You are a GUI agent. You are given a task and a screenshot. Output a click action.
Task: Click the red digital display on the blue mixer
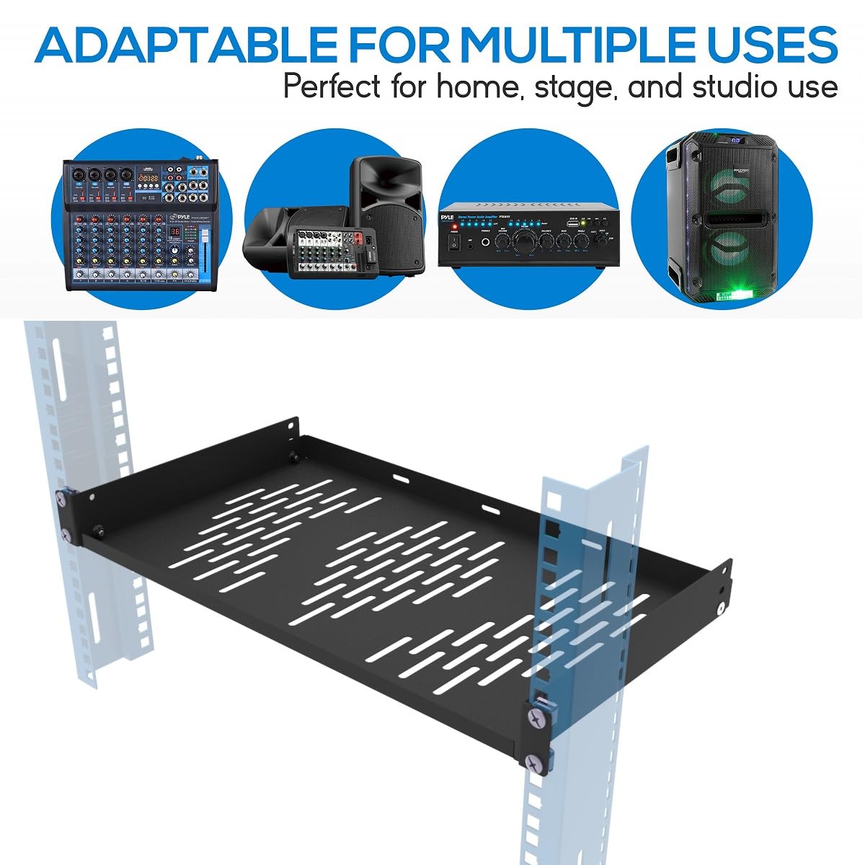point(174,232)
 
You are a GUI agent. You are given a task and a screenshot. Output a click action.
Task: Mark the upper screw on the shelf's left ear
point(63,496)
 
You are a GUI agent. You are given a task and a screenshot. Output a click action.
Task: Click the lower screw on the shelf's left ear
point(66,535)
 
